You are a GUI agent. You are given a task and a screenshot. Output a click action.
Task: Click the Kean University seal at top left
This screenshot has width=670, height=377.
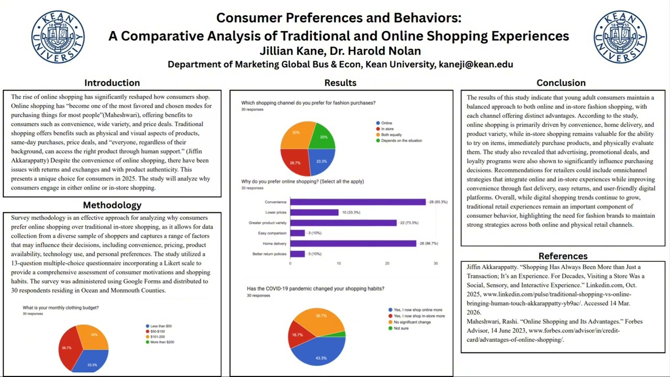point(58,37)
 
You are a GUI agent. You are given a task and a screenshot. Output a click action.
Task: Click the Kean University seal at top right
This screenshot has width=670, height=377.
point(620,37)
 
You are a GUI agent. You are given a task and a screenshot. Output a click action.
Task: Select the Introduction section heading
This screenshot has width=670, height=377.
point(112,83)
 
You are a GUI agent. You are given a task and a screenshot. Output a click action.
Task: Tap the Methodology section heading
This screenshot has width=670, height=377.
point(112,205)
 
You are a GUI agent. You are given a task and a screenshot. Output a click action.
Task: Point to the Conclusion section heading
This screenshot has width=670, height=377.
point(561,83)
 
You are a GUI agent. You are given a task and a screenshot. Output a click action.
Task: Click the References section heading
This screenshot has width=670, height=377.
point(563,256)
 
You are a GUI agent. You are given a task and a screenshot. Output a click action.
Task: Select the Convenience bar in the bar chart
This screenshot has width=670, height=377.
point(358,202)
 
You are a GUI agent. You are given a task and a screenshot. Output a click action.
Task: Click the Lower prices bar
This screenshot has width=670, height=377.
point(314,213)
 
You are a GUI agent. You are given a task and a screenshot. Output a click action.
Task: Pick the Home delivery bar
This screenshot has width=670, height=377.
point(353,243)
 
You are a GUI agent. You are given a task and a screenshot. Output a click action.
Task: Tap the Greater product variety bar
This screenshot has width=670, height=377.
point(343,223)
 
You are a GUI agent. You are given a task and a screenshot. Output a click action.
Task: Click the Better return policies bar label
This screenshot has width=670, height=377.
point(269,254)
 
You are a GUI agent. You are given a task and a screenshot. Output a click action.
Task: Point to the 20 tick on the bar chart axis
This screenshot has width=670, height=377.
point(387,263)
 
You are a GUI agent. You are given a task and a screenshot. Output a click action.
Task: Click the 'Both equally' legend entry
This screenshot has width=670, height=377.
point(391,135)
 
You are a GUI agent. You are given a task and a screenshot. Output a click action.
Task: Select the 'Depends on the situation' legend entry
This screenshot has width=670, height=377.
point(401,140)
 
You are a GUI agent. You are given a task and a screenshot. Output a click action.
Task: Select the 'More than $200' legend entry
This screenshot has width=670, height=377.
point(162,342)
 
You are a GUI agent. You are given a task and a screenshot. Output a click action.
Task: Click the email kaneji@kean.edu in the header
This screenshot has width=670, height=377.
point(476,64)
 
